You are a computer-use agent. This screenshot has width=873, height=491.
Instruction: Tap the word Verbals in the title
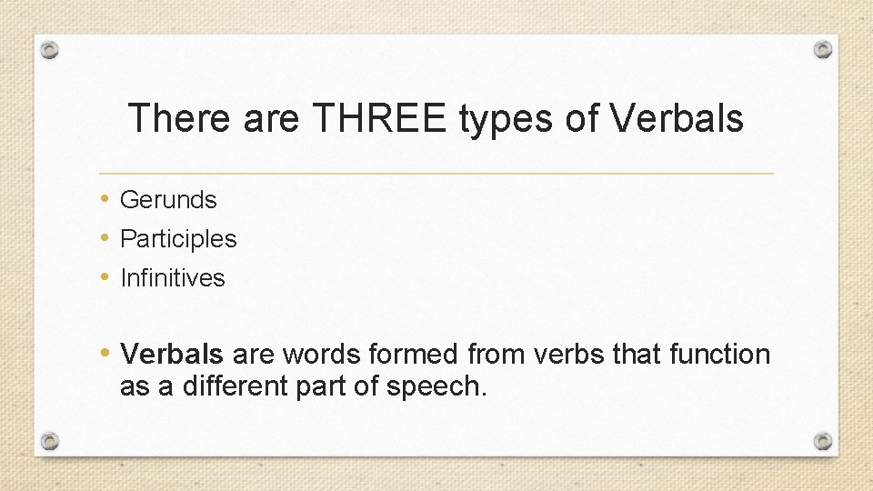pos(677,119)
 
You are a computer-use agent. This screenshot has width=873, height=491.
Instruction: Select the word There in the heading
pos(181,119)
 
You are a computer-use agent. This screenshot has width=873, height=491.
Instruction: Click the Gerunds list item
pos(168,199)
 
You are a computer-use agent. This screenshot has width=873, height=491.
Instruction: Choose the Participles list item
pos(178,239)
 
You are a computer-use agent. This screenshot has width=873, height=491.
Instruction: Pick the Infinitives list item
pos(172,278)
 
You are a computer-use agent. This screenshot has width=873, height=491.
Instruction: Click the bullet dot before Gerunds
pos(106,199)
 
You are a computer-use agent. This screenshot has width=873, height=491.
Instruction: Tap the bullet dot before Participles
pos(106,239)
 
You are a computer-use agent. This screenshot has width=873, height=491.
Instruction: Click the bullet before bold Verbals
pos(106,353)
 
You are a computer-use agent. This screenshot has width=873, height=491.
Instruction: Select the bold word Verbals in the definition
pos(173,354)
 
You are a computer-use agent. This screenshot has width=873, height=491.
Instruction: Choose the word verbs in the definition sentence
pos(574,354)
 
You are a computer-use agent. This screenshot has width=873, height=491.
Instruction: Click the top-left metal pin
pos(50,50)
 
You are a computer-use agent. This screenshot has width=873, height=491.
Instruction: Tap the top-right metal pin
pos(822,49)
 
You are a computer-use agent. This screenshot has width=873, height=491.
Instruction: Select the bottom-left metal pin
pos(50,441)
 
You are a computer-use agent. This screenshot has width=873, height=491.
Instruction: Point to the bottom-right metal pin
pos(822,441)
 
